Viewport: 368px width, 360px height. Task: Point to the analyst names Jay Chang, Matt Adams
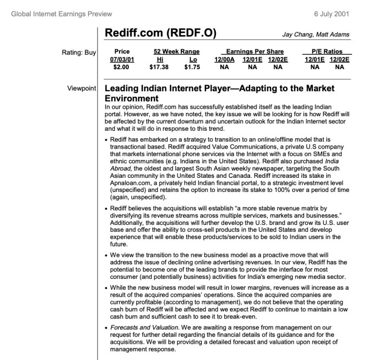coord(317,35)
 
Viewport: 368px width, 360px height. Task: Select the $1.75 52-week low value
coord(193,68)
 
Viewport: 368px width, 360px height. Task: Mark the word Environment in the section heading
coord(131,98)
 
